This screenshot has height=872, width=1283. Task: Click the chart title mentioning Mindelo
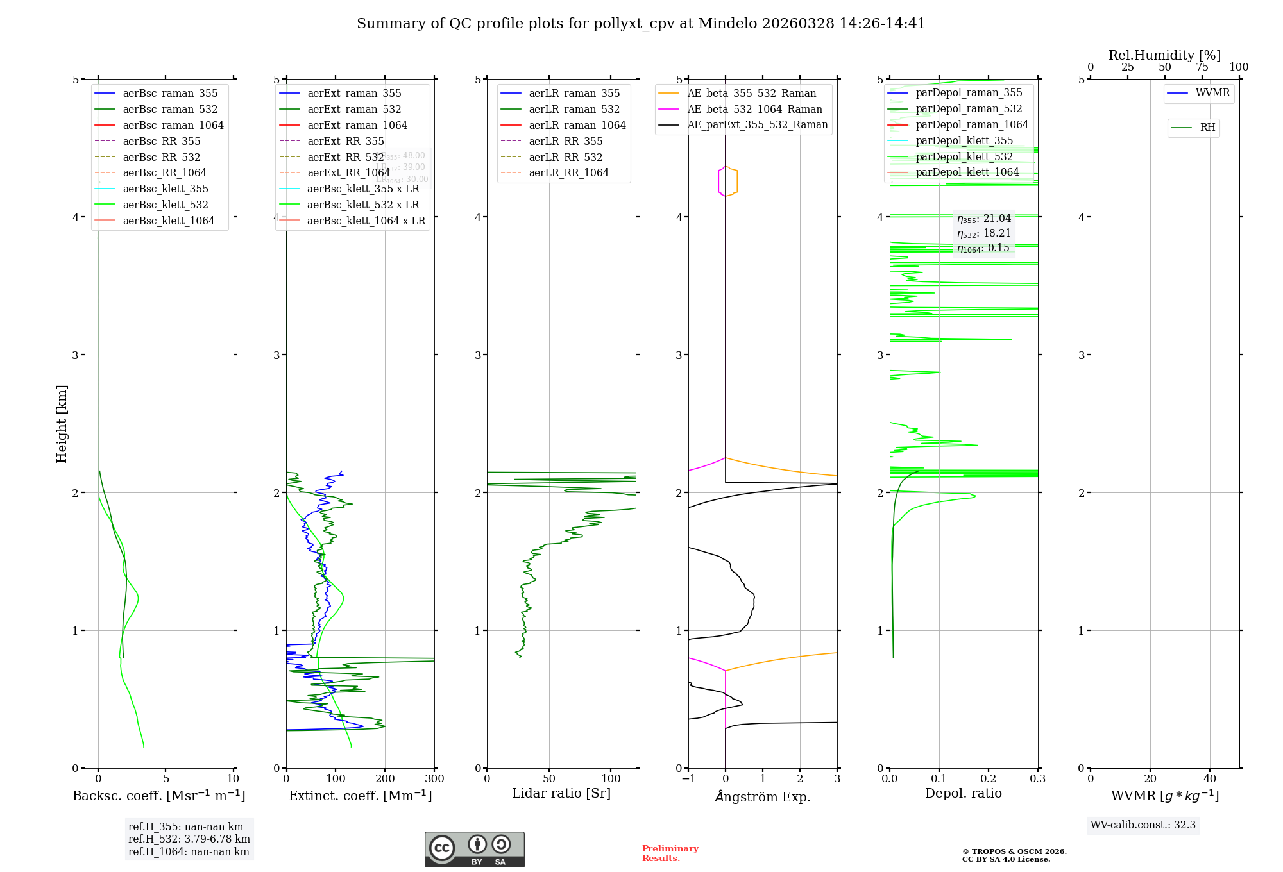[x=641, y=24]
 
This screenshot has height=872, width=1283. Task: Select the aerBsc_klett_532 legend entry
[x=166, y=205]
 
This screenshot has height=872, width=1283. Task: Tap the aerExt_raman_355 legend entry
[x=354, y=94]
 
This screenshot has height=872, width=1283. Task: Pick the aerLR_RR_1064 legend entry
[x=568, y=172]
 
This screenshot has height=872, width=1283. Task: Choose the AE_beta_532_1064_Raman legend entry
[x=754, y=109]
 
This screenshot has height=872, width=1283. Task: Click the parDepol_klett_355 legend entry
[x=964, y=140]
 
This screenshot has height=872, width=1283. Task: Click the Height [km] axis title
[x=62, y=424]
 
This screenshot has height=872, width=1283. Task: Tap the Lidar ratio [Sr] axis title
[x=561, y=793]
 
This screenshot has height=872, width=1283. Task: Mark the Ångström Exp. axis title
[x=763, y=796]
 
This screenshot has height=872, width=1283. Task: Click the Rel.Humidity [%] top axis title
[x=1164, y=55]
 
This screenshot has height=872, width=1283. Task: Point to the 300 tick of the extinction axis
[x=434, y=779]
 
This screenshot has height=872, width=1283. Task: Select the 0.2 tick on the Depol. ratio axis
[x=989, y=779]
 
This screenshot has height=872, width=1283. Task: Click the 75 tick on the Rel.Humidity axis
[x=1202, y=67]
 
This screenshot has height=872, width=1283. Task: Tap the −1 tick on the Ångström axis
[x=688, y=779]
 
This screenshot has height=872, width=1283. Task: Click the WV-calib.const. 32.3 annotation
[x=1143, y=825]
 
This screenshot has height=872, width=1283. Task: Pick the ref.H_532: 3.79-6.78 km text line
[x=189, y=839]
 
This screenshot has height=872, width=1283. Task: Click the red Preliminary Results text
[x=670, y=853]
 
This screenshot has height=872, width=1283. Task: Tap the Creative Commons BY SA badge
[x=474, y=850]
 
